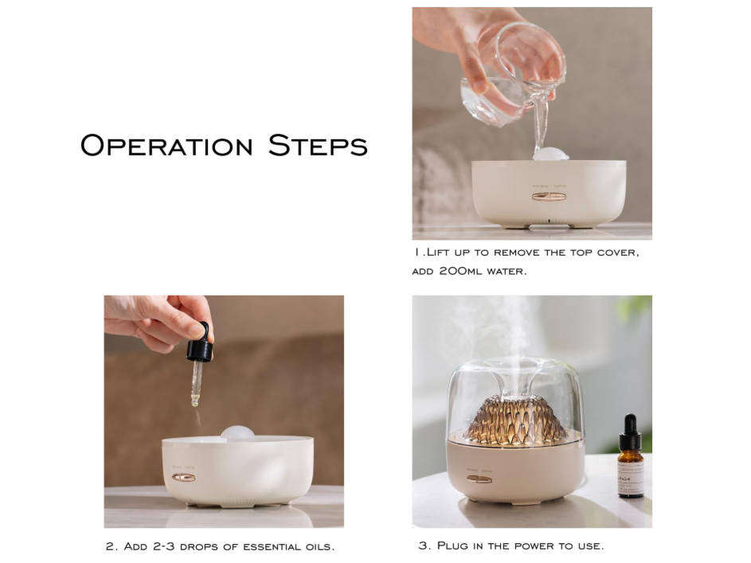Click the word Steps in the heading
(317, 146)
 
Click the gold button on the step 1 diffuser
(549, 196)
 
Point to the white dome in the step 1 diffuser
(550, 154)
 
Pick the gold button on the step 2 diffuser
(183, 477)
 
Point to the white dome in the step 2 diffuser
(237, 432)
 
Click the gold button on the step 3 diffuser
(479, 479)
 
